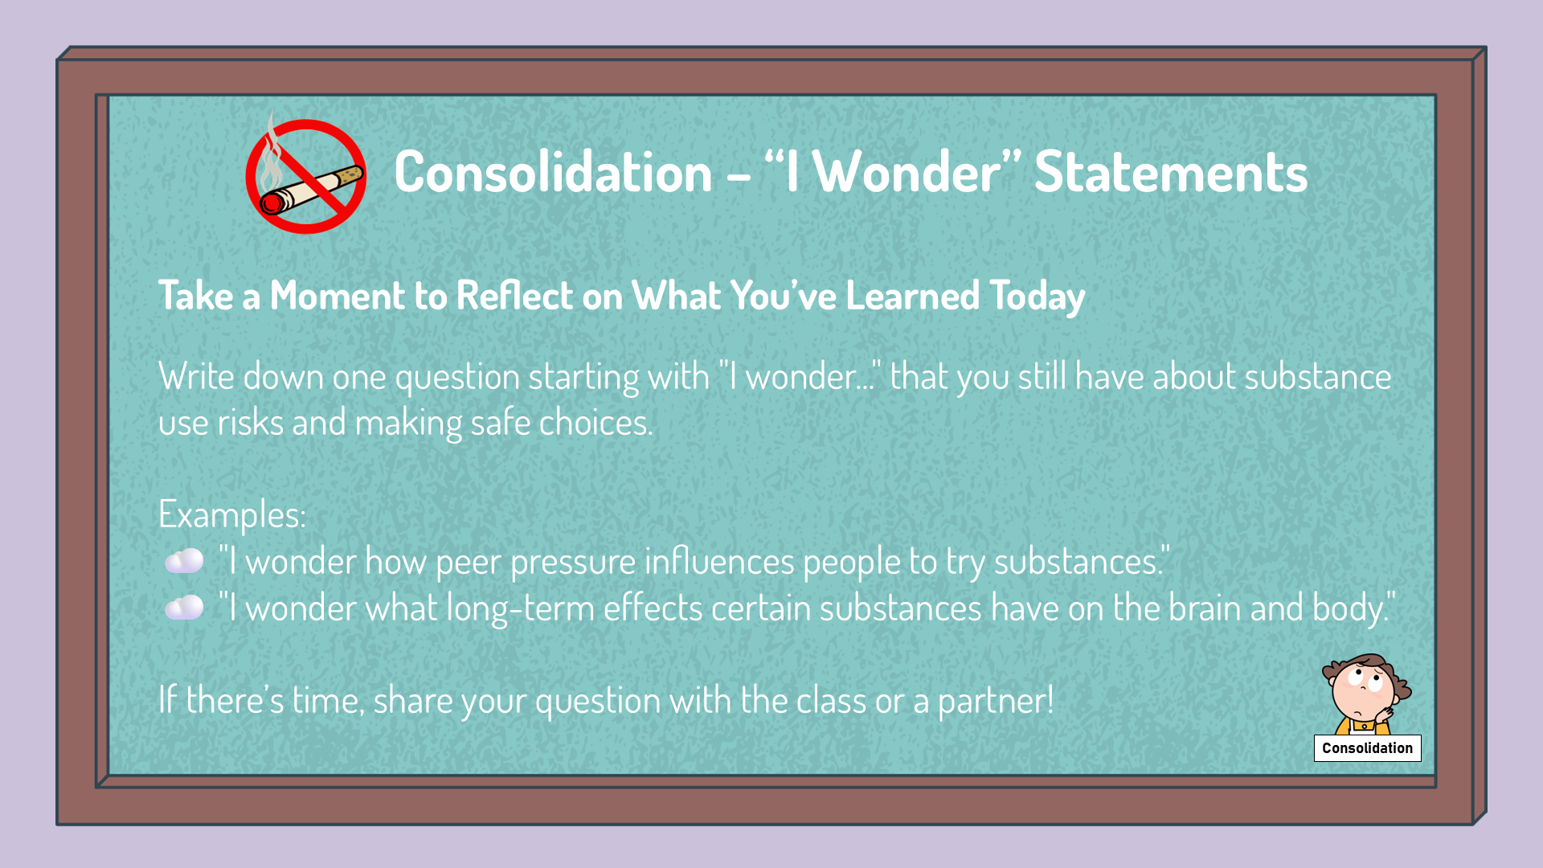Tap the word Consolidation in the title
[553, 172]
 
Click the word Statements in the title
[1170, 172]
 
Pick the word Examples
[232, 515]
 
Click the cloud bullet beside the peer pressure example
[184, 561]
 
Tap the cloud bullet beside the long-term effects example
[184, 608]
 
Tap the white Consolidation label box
[1367, 748]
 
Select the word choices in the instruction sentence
[596, 423]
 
